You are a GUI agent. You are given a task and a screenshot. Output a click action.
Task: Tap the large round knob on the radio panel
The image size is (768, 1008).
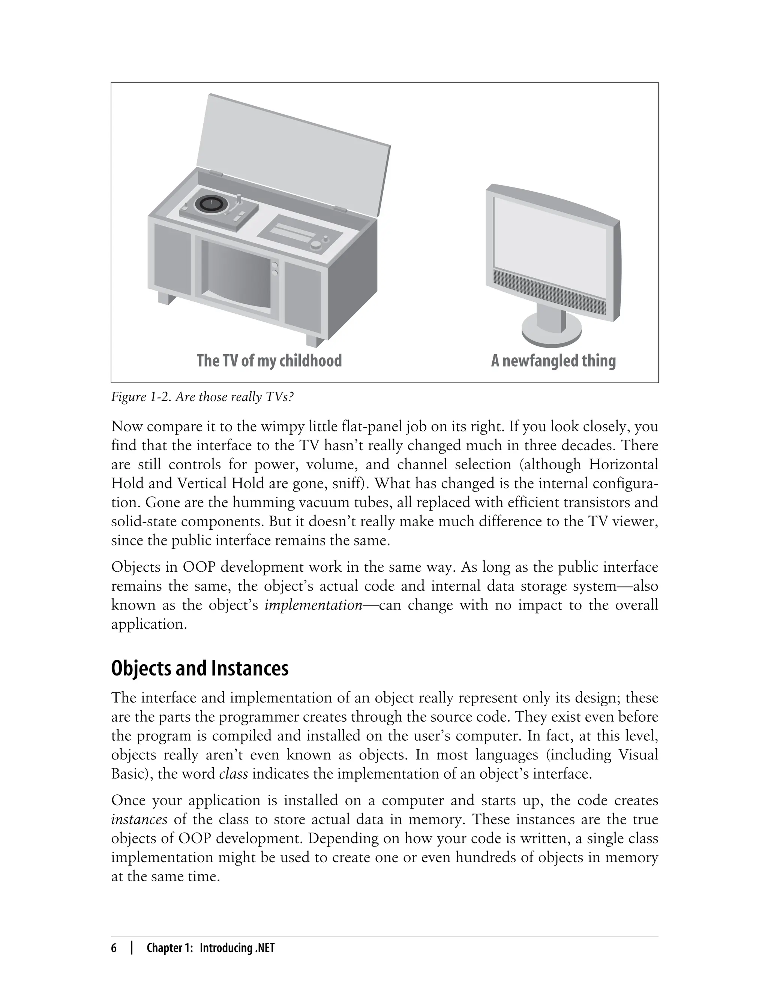point(316,246)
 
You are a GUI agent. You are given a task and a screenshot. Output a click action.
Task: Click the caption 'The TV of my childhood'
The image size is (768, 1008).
point(269,361)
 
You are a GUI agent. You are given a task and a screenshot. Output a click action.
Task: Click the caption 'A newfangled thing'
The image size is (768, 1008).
point(553,361)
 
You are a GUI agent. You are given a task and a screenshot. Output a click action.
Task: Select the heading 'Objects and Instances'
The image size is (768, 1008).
point(200,668)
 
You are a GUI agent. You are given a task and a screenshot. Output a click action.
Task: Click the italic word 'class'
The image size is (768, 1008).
point(234,774)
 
